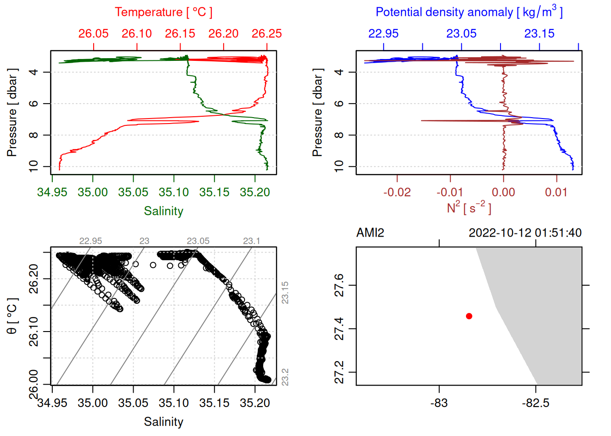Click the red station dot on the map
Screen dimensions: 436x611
pos(469,316)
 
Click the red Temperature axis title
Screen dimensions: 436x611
pos(163,12)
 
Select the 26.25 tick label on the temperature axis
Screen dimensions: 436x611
pos(267,34)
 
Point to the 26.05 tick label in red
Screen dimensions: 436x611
pos(93,34)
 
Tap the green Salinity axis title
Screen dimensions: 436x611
pos(163,211)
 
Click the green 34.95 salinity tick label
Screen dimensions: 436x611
pos(52,192)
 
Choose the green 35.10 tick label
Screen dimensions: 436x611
pos(174,192)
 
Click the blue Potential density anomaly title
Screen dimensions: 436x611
pos(469,12)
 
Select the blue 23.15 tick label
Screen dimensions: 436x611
pos(539,34)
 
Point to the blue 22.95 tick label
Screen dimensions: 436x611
pos(383,34)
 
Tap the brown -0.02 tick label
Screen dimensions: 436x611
pos(397,192)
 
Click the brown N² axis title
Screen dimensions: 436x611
pos(469,208)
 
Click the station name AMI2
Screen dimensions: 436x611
pos(370,233)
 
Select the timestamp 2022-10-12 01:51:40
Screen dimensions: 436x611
pos(525,233)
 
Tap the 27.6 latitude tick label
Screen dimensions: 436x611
pos(339,285)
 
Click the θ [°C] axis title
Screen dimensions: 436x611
pos(12,316)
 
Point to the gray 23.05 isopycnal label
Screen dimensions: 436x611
pos(198,241)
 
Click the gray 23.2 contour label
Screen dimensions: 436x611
pos(285,377)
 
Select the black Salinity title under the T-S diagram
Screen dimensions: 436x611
pos(163,422)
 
